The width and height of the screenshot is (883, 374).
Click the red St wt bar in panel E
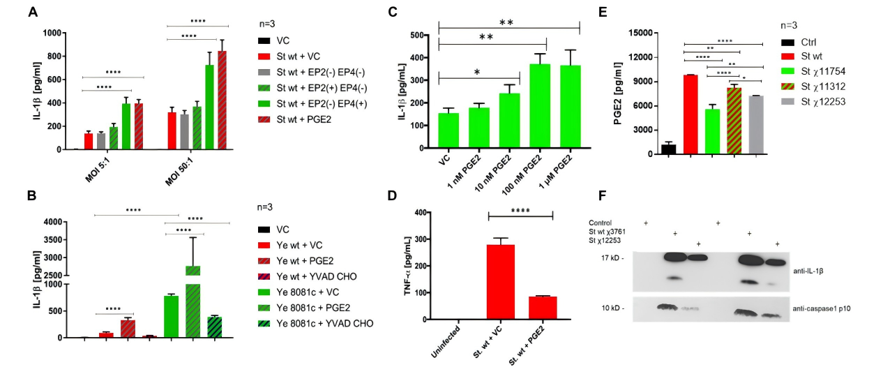690,114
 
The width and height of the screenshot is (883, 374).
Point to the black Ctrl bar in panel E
669,149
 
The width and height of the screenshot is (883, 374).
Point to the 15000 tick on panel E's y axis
640,33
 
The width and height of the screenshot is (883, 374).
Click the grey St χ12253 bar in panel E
756,125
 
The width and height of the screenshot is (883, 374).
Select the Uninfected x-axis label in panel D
444,344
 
